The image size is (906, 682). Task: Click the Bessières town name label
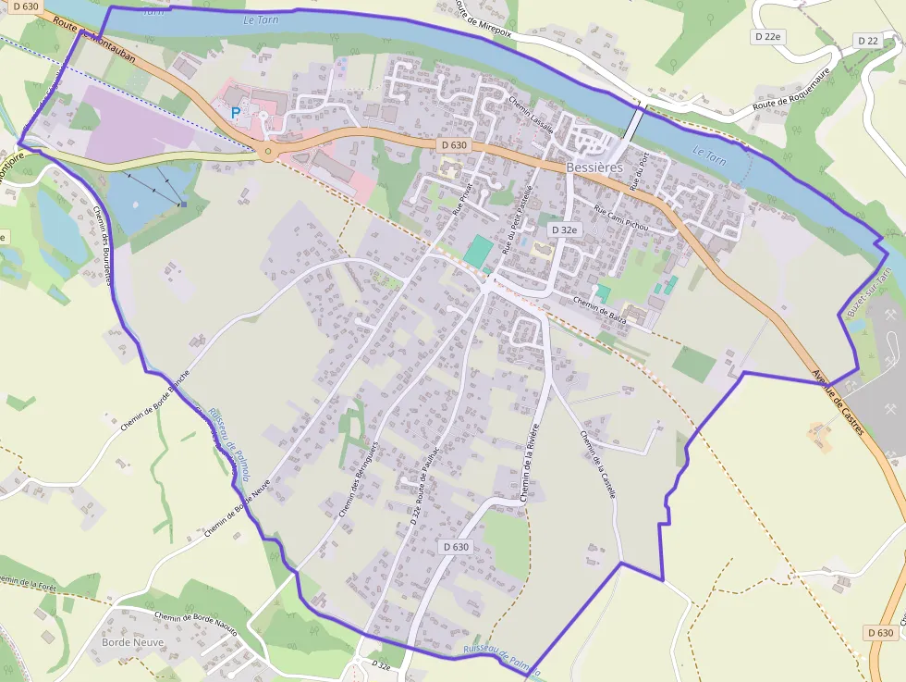[x=595, y=167]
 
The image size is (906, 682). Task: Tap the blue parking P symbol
[x=236, y=112]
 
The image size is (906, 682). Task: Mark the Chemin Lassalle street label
[x=531, y=115]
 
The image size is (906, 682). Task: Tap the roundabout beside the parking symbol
[x=268, y=152]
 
